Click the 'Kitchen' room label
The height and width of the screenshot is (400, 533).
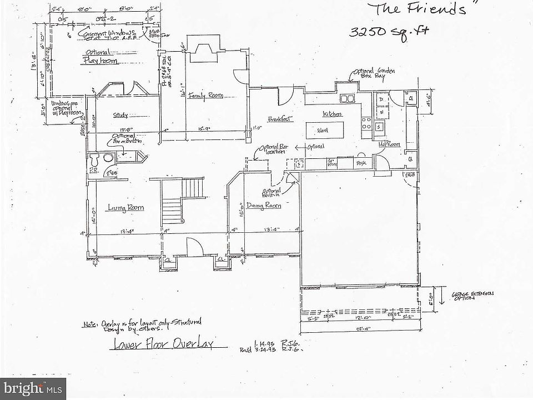coord(332,113)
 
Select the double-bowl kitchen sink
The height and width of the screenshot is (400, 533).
coord(348,99)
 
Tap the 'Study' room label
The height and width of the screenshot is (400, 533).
coord(120,116)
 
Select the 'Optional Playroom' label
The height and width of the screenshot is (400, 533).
coord(100,57)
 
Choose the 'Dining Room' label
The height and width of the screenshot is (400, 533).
coord(264,206)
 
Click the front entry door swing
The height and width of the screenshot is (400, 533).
coord(192,247)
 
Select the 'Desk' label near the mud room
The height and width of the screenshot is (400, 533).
coord(360,163)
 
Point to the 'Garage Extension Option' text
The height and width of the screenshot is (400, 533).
coord(471,296)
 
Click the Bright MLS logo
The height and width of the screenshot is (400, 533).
coord(33,387)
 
